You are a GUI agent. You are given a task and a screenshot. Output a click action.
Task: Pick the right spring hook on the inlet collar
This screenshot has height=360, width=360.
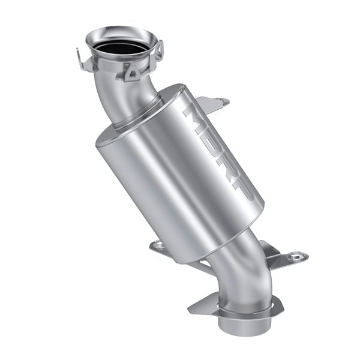[x=160, y=49]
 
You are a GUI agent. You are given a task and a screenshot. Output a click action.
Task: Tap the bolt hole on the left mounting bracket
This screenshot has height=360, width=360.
[x=158, y=244]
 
